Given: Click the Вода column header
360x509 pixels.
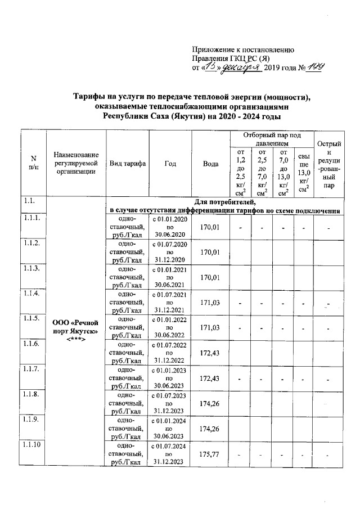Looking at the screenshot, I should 210,163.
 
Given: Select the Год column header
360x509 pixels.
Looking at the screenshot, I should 170,163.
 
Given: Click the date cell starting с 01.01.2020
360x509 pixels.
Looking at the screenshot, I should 169,226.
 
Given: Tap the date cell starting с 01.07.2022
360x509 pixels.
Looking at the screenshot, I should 169,353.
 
